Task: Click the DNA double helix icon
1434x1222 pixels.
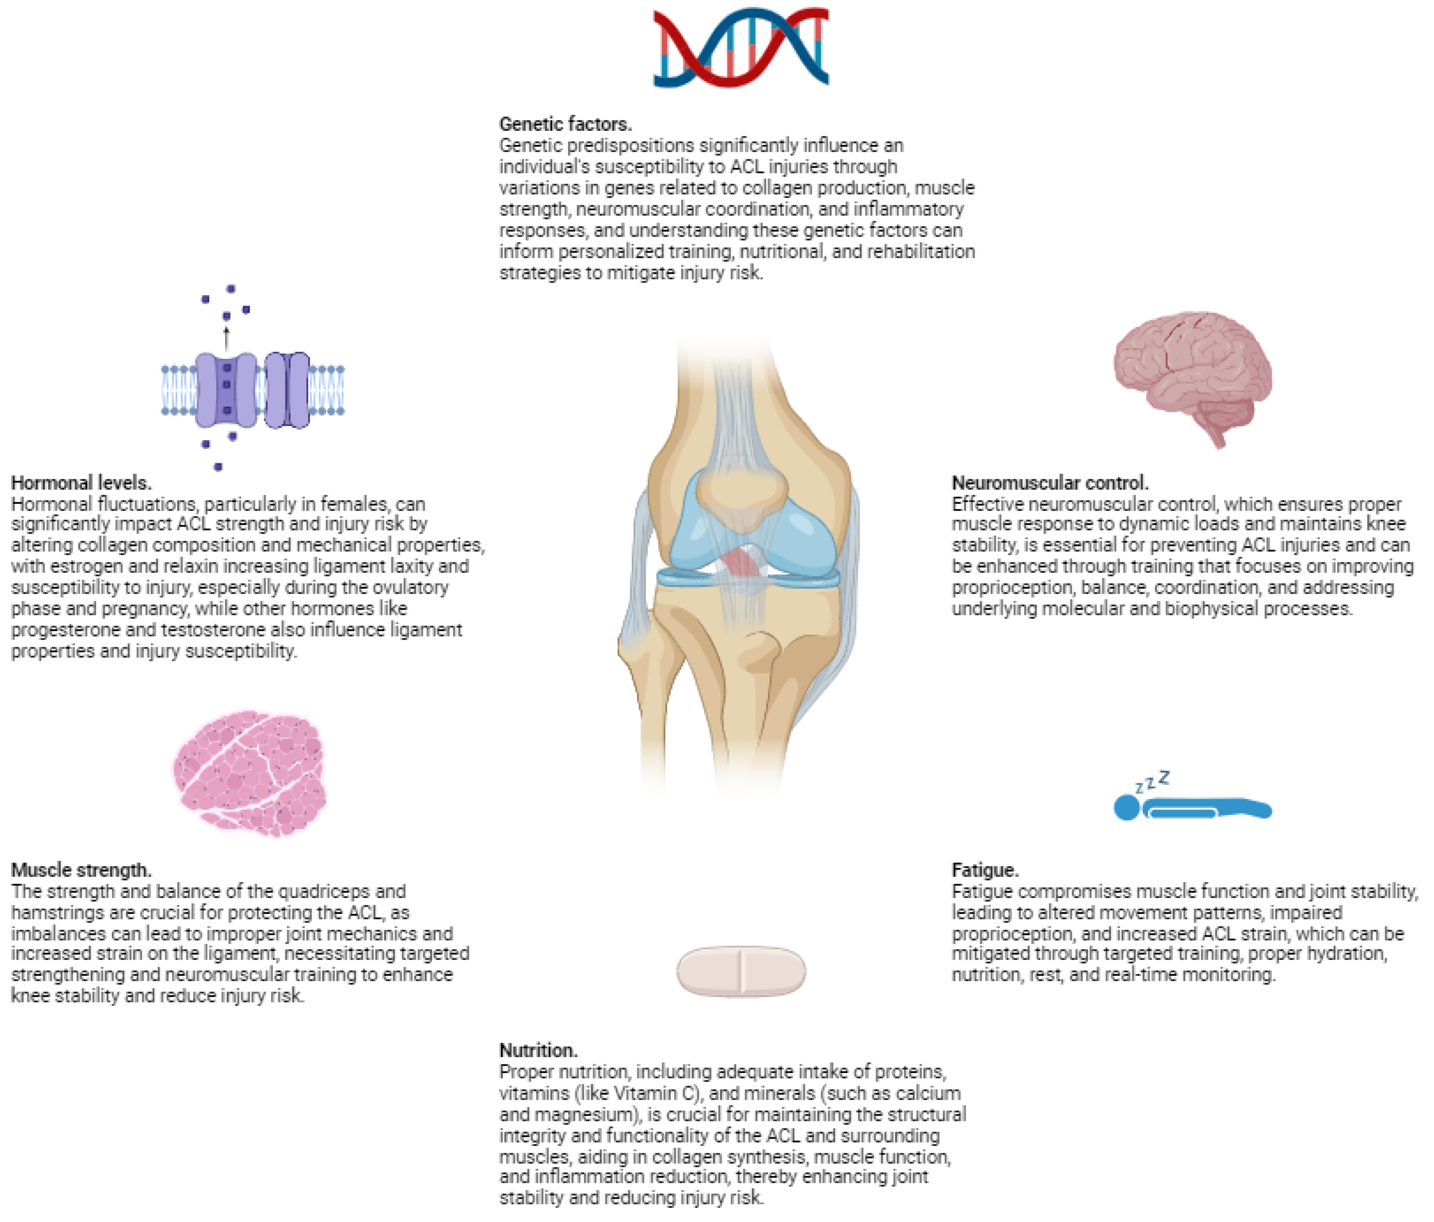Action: [x=741, y=47]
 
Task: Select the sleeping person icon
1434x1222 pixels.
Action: [x=1192, y=806]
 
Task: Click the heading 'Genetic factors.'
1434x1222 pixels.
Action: [x=566, y=124]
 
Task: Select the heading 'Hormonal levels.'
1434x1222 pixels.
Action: [x=81, y=482]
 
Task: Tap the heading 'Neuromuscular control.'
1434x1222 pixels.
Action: [x=1050, y=482]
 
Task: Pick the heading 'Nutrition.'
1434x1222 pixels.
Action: [x=538, y=1050]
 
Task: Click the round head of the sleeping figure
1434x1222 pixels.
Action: [x=1127, y=808]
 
